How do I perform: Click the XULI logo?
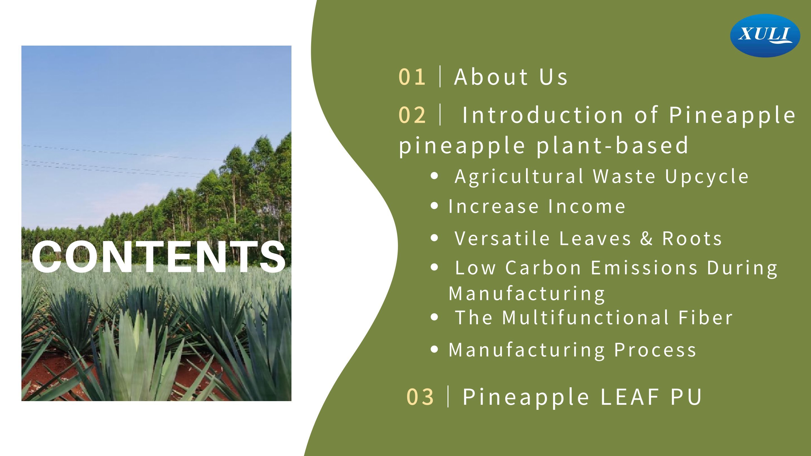765,35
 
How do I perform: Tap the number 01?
412,77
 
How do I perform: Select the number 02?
412,115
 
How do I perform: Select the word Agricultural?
520,176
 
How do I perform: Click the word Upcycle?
707,176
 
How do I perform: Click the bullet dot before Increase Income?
434,206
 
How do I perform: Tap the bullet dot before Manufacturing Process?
434,349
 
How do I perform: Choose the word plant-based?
612,146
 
